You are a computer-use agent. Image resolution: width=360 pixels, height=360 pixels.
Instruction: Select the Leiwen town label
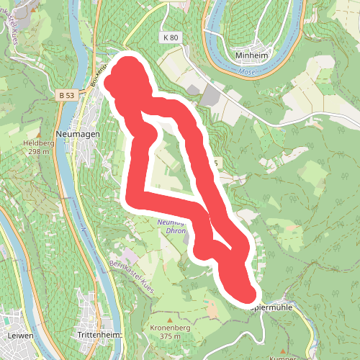pos(17,336)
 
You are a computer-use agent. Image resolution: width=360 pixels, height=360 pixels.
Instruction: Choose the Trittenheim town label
pos(99,336)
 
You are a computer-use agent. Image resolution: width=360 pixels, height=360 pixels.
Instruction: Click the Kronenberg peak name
pos(170,328)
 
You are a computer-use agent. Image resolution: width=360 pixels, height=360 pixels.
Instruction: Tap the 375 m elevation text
pos(170,336)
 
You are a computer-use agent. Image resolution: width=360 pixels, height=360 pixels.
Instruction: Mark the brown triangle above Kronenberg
pos(170,319)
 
